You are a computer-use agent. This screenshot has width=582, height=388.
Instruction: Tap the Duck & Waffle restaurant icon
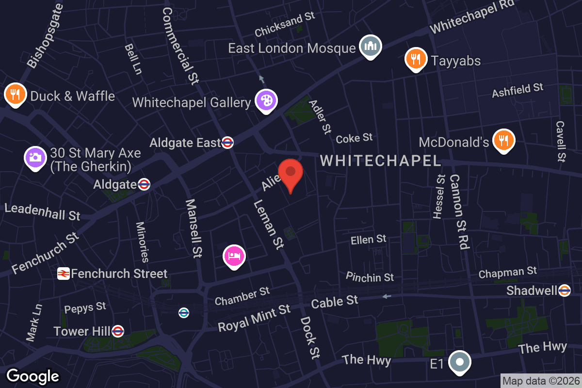click(15, 95)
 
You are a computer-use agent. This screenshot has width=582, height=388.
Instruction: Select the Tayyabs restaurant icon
click(415, 59)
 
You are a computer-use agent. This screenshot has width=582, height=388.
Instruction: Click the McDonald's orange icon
click(503, 140)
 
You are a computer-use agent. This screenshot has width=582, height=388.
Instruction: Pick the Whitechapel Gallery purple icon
click(266, 101)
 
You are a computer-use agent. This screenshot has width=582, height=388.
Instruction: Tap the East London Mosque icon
click(371, 47)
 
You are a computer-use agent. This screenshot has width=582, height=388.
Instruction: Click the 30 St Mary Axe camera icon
click(35, 157)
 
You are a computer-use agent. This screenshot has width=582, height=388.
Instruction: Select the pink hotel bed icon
click(234, 256)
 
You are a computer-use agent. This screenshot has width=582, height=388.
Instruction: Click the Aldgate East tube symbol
click(227, 143)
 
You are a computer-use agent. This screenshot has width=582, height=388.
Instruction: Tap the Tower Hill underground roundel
click(117, 331)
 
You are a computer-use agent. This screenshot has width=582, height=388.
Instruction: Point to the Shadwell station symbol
click(564, 291)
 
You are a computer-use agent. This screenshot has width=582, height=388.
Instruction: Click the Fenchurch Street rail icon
click(63, 274)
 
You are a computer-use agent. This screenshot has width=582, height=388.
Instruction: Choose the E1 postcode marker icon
click(459, 362)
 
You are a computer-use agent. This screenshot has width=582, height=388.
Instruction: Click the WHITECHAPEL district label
click(380, 161)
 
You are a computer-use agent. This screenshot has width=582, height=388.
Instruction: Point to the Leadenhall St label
click(42, 212)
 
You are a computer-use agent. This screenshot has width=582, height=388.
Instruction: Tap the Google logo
click(33, 376)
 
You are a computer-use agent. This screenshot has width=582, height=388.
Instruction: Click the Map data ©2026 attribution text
click(540, 381)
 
